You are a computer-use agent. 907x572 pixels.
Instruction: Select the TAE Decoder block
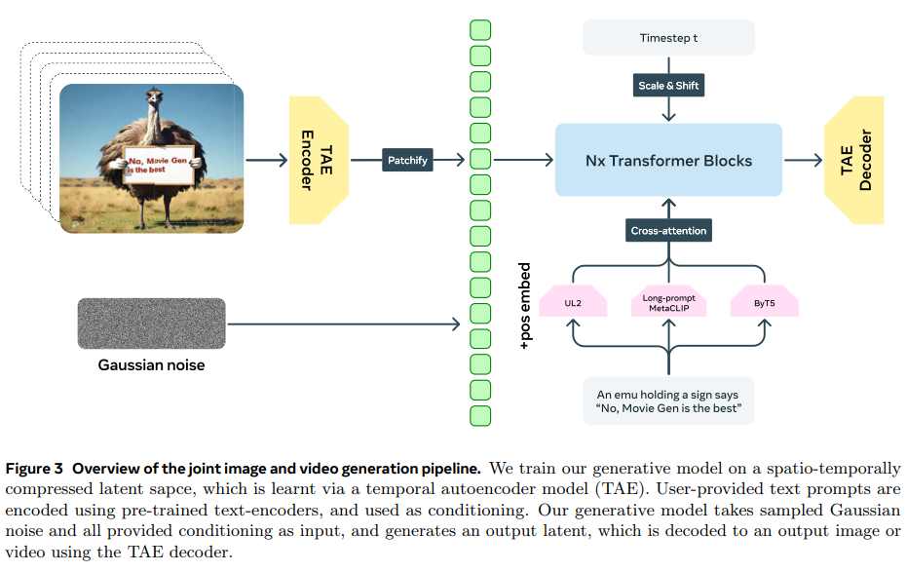(853, 160)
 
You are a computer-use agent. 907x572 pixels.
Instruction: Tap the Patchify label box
(407, 160)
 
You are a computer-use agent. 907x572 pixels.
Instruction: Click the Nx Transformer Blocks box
(668, 160)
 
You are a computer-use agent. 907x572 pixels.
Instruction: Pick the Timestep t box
(668, 37)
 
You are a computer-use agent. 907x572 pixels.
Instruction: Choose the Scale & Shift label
(668, 86)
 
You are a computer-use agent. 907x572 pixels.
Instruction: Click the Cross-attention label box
(668, 231)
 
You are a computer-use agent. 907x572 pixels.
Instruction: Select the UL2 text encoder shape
(573, 302)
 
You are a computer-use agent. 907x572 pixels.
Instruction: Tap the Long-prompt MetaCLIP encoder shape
(668, 302)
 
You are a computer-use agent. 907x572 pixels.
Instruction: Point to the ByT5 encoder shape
(765, 302)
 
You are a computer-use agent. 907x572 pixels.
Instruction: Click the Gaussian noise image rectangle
(151, 324)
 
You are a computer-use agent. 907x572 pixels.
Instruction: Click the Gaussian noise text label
(151, 365)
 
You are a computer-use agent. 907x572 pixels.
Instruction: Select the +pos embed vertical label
(525, 306)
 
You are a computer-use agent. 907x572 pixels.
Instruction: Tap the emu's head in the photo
(153, 97)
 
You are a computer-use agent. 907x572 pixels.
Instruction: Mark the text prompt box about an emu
(668, 400)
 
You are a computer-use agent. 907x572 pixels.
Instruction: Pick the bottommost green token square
(480, 416)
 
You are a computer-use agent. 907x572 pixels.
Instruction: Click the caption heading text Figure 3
(36, 469)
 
